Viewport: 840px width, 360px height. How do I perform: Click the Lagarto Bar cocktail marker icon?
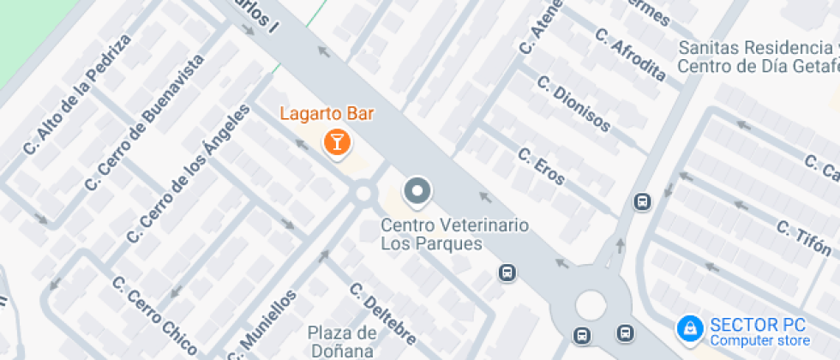pyautogui.click(x=337, y=141)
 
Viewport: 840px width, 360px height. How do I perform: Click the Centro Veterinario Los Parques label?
pyautogui.click(x=454, y=234)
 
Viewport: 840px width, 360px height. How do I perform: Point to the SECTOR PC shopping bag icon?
pyautogui.click(x=688, y=327)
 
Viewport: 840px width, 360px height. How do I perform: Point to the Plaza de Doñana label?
pyautogui.click(x=342, y=341)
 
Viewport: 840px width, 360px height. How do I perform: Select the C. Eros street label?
pyautogui.click(x=542, y=166)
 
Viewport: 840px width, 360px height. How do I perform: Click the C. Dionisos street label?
pyautogui.click(x=573, y=104)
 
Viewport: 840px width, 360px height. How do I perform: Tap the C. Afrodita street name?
pyautogui.click(x=629, y=54)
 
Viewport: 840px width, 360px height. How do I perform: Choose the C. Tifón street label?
pyautogui.click(x=805, y=238)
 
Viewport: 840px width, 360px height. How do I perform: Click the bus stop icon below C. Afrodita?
pyautogui.click(x=640, y=201)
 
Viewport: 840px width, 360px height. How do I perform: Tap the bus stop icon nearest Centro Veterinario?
pyautogui.click(x=507, y=273)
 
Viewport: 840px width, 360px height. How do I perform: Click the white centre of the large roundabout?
pyautogui.click(x=591, y=304)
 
